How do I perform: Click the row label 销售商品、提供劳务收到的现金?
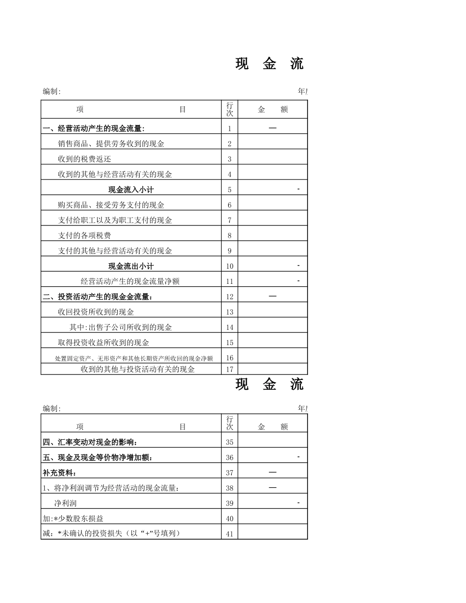[111, 144]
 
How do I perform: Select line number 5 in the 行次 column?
[230, 190]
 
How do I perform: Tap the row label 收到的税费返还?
[84, 159]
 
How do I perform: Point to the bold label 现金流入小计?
[130, 190]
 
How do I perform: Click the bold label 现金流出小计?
[130, 266]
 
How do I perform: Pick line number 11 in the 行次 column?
[230, 281]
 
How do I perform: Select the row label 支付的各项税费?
[84, 235]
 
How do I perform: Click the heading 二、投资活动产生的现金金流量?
[98, 297]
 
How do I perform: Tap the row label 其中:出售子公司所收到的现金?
[121, 327]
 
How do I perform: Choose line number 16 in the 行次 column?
[230, 358]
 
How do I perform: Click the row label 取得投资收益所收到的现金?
[104, 342]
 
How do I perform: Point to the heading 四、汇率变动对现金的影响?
[90, 442]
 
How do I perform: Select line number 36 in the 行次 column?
[230, 457]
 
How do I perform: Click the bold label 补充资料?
[60, 473]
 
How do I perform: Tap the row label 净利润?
[65, 503]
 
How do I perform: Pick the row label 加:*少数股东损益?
[73, 518]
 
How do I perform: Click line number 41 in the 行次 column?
[230, 534]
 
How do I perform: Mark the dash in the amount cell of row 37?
[273, 472]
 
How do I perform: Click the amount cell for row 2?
[273, 144]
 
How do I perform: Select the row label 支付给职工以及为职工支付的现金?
[115, 220]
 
